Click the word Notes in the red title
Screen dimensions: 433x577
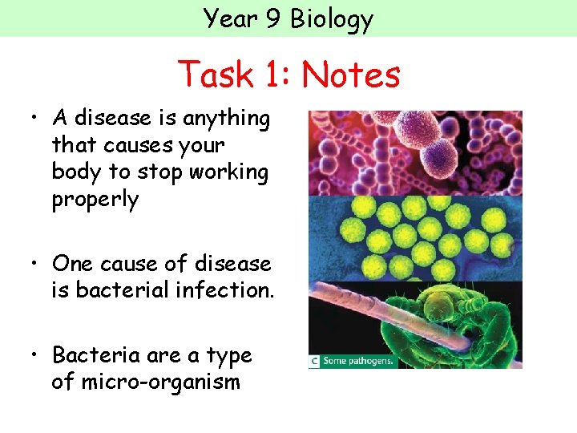point(350,75)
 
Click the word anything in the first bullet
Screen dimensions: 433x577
point(227,119)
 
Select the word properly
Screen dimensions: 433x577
point(95,200)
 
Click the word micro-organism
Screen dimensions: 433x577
point(145,382)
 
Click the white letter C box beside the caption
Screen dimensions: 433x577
point(315,362)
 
